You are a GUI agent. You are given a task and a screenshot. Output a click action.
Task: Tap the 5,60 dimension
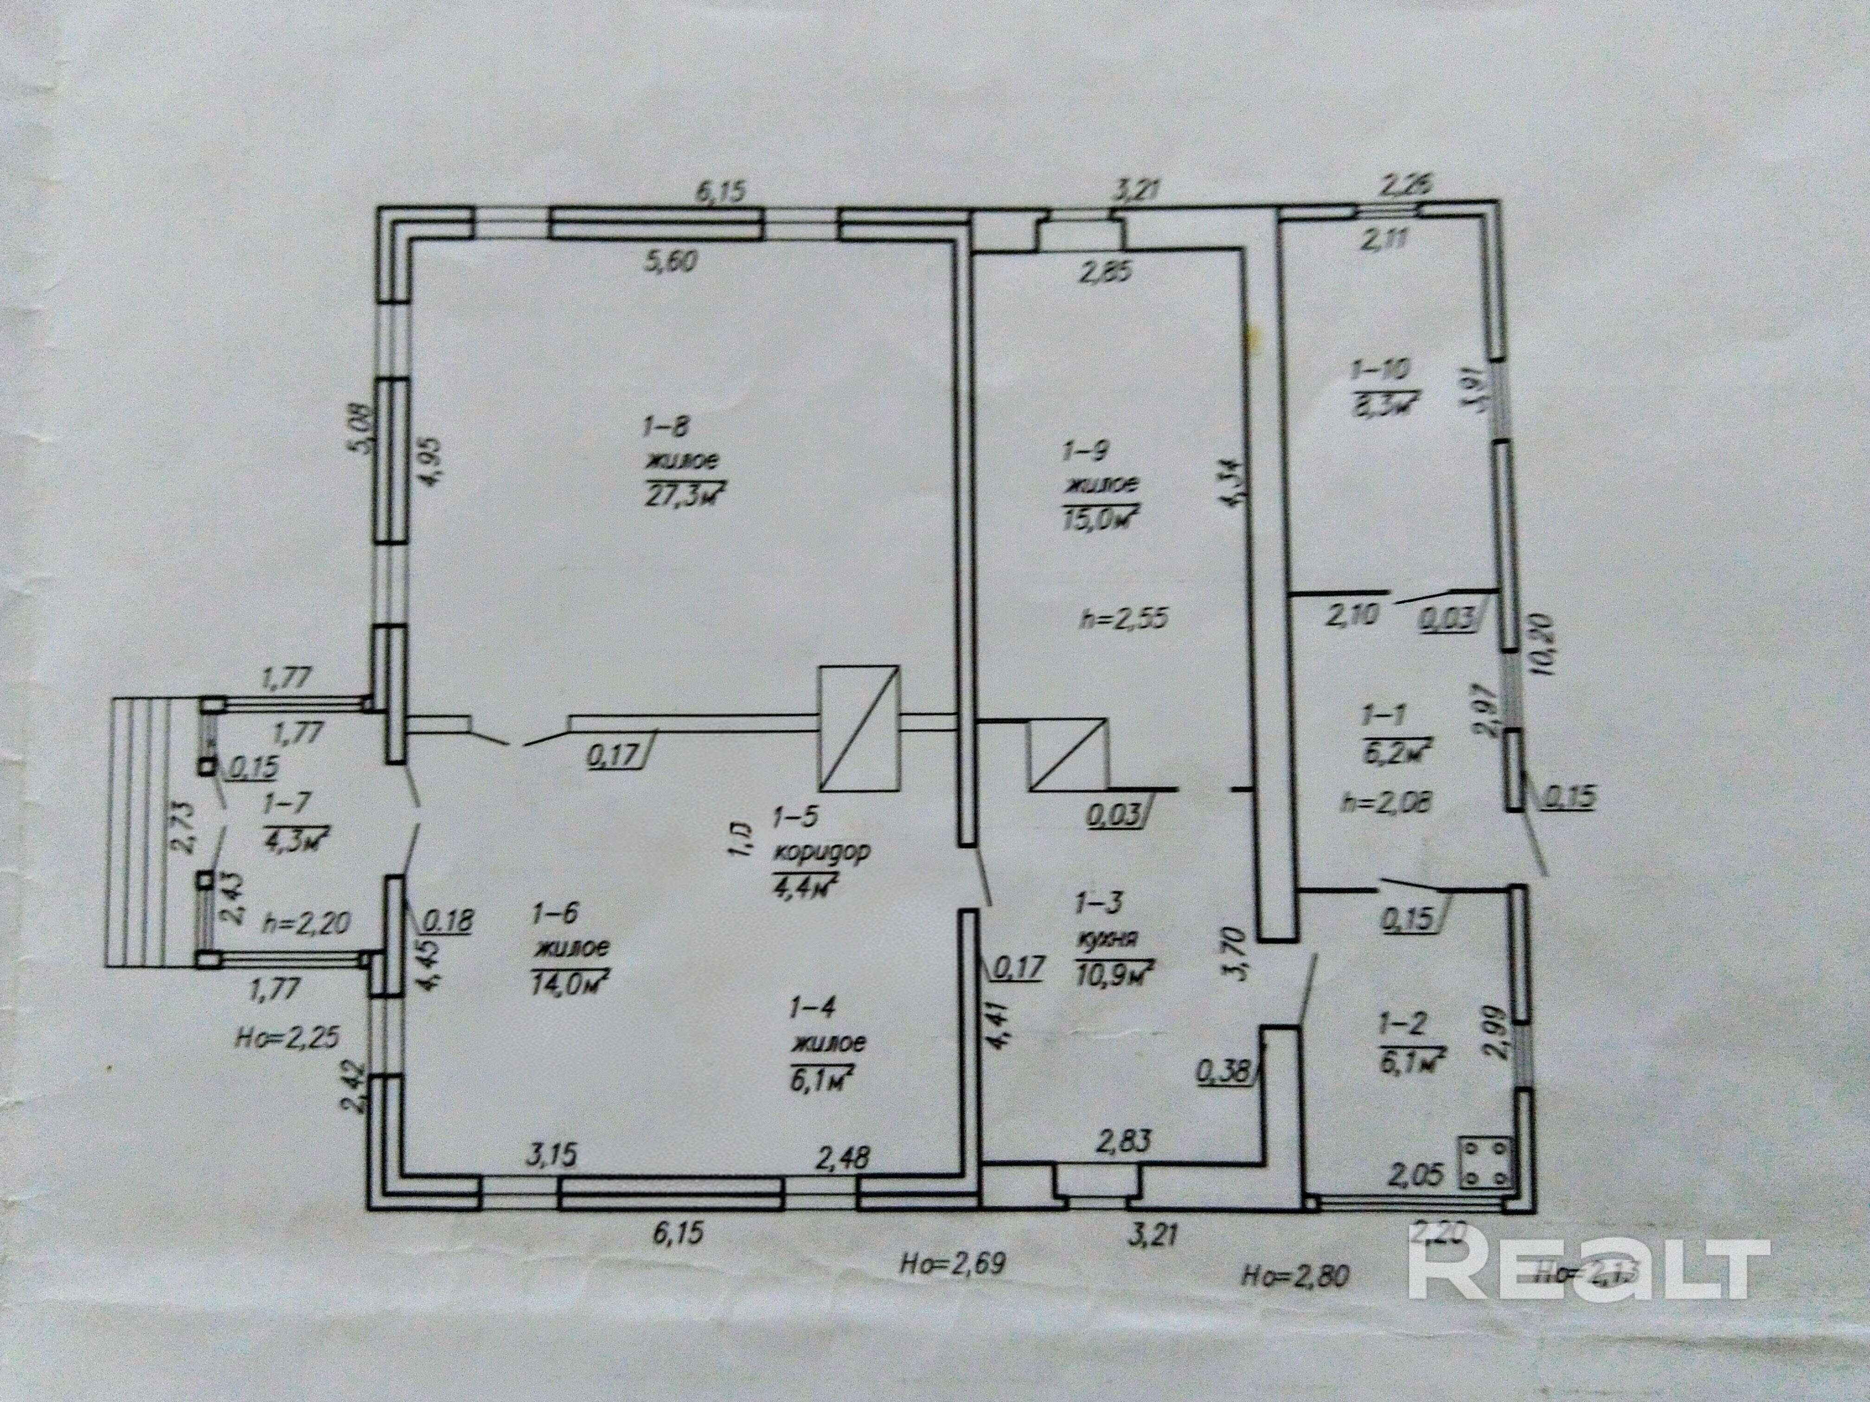[670, 263]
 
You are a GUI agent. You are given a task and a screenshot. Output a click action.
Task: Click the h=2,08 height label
[1386, 803]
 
